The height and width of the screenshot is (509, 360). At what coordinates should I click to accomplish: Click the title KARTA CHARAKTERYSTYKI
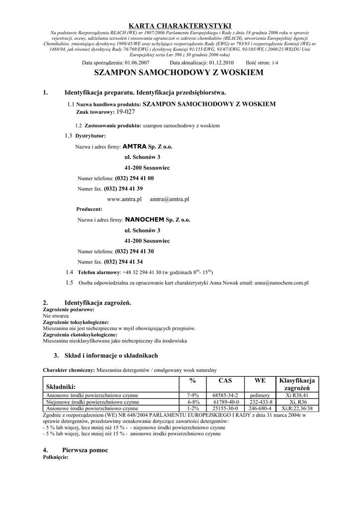(180, 25)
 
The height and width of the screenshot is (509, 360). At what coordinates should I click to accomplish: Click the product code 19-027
(125, 112)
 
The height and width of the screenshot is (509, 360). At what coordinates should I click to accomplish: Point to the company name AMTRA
(135, 147)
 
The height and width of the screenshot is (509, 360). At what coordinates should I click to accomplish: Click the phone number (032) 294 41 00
(134, 178)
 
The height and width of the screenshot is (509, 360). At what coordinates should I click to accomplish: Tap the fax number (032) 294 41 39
(123, 188)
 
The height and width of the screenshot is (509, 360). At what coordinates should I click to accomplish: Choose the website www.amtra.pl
(125, 199)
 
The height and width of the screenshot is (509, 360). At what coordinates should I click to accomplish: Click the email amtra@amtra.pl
(170, 199)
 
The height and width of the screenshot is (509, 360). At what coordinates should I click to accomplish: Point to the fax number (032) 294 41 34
(123, 261)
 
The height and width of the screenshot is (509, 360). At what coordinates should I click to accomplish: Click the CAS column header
(225, 380)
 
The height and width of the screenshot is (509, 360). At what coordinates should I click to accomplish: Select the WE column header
(260, 380)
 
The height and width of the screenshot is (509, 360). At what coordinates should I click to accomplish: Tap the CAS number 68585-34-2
(225, 395)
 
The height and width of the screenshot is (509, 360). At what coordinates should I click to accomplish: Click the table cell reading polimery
(260, 395)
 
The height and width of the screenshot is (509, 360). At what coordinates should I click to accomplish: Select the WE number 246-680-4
(260, 408)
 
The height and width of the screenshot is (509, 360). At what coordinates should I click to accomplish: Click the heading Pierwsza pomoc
(86, 450)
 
